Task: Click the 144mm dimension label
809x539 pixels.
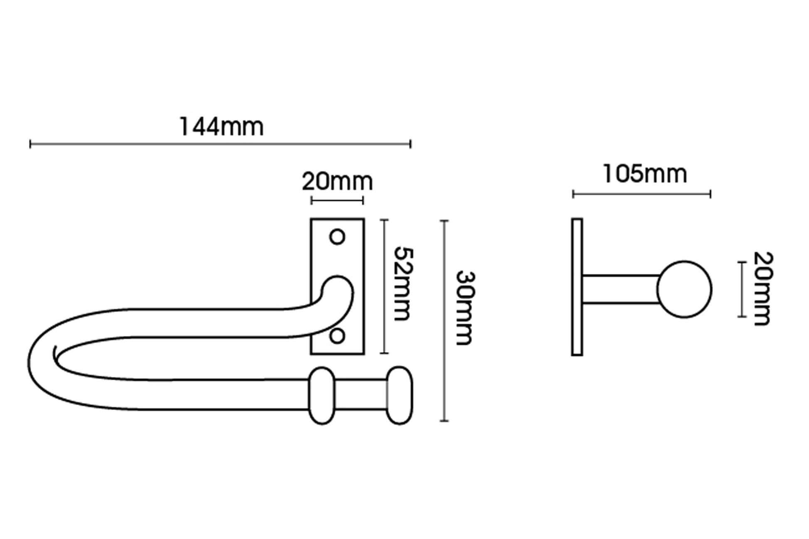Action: (221, 127)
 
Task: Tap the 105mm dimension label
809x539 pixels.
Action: (645, 174)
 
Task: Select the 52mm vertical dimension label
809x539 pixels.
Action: (403, 284)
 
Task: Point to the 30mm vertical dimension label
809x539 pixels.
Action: (465, 308)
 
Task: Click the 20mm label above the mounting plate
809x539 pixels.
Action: (337, 182)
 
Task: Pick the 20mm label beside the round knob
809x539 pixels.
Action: (763, 289)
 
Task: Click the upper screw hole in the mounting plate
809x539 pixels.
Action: (337, 237)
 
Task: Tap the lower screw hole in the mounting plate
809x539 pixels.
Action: (337, 336)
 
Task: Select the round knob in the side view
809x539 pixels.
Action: (684, 290)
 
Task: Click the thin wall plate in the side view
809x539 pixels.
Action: (577, 287)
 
